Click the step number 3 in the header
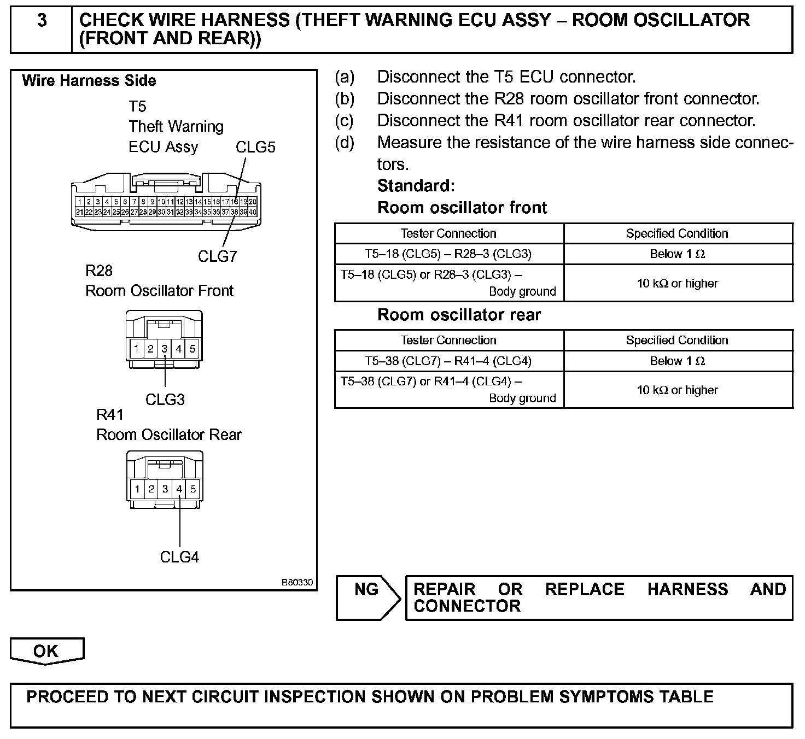point(42,21)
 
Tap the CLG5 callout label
point(255,147)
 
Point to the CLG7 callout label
point(217,256)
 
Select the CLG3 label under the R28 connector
point(165,400)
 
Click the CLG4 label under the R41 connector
point(179,557)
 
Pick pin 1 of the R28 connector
point(136,349)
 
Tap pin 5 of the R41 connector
point(193,489)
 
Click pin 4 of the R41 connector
point(179,489)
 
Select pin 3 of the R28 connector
point(164,349)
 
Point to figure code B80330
point(297,583)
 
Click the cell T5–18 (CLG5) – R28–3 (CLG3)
point(448,254)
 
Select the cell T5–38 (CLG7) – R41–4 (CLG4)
point(448,361)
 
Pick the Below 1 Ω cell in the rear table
point(677,361)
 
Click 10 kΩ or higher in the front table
point(677,283)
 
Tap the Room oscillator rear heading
point(459,315)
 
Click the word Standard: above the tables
point(416,186)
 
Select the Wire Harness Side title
point(89,81)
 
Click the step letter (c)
point(345,120)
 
